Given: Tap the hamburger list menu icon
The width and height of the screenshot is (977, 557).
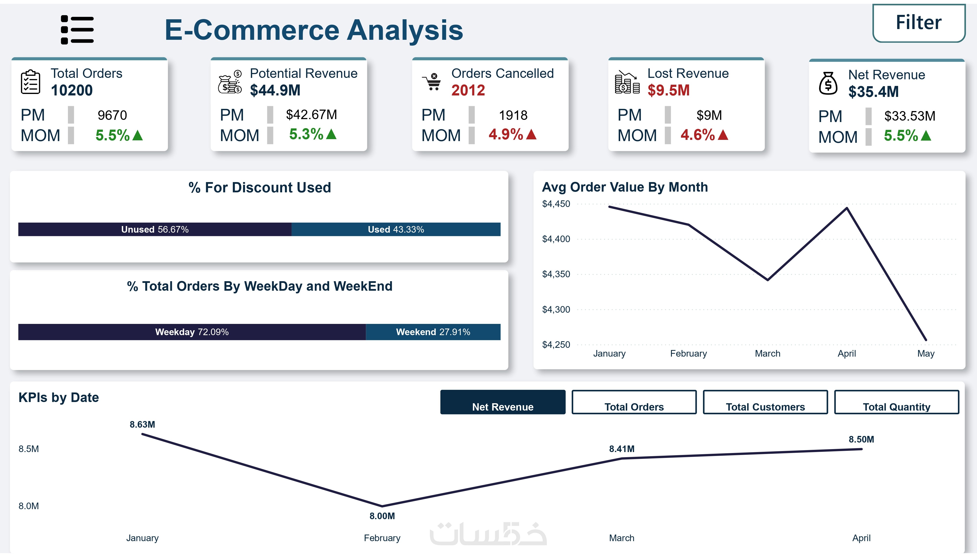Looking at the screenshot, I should [x=77, y=30].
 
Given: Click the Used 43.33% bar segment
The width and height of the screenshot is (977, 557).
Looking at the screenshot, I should [x=396, y=229].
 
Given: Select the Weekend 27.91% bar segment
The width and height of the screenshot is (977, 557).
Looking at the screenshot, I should [x=433, y=332].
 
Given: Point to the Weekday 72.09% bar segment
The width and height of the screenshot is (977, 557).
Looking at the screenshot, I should [x=192, y=332].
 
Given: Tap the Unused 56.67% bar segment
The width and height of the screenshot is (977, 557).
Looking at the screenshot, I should [x=155, y=229].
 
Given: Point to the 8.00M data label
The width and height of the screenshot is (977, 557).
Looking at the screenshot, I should [x=382, y=516].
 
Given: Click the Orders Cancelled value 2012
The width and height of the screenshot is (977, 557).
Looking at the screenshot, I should [x=468, y=91].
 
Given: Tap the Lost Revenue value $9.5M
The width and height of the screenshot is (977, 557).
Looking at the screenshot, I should [x=668, y=91].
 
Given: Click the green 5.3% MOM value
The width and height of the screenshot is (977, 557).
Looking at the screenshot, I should [x=306, y=134].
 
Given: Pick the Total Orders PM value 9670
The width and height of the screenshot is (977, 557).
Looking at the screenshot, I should [x=112, y=115].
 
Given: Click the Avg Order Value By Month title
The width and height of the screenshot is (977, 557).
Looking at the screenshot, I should [x=625, y=187].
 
